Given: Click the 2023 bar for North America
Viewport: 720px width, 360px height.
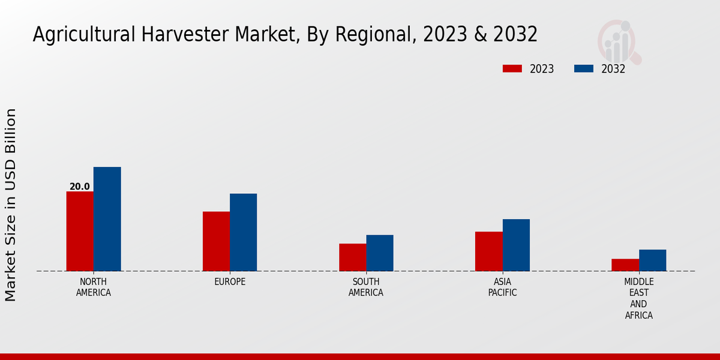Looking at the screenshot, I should coord(80,231).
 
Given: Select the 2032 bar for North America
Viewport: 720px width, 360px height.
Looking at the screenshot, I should coord(107,219).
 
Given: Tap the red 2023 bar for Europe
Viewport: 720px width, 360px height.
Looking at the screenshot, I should coord(216,241).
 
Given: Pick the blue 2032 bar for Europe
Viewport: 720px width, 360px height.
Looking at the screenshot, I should coord(244,232).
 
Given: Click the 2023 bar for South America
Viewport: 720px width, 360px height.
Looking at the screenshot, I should coord(352,257).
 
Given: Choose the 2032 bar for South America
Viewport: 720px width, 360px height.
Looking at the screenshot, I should coord(380,253).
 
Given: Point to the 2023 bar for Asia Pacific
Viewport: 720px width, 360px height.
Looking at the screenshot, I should coord(488,251).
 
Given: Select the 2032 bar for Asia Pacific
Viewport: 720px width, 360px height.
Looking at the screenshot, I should coord(516,245).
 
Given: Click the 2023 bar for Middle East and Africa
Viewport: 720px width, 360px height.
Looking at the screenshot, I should coord(625,265).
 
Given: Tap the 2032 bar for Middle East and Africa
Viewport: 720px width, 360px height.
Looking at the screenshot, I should coord(653,260).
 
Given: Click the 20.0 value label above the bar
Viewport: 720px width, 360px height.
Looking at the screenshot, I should coord(80,187).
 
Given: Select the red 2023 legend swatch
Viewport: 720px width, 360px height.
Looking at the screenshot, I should coord(512,68).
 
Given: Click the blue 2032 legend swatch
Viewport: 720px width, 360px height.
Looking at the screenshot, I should coord(584,68).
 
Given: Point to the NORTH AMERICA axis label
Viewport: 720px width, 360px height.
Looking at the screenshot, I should coord(94,287).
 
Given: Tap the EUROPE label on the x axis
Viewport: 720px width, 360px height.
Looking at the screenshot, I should coord(230,282).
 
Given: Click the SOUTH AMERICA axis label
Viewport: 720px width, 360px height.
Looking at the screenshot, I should coord(366,287).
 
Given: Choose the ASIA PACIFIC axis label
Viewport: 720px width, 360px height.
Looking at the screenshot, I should coord(502,287).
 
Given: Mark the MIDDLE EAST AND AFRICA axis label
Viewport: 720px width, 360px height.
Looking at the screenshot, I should coord(639,298).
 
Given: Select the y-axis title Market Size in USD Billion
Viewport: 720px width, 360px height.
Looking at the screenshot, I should coord(11,205).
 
